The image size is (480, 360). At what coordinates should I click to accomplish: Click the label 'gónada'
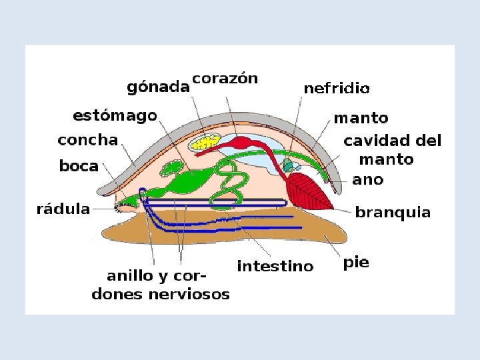(157, 87)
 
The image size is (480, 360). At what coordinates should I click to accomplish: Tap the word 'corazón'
(225, 78)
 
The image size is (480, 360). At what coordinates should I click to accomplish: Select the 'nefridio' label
(337, 87)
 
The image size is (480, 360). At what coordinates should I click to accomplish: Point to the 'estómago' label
(115, 116)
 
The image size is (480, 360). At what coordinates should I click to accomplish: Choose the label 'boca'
(79, 166)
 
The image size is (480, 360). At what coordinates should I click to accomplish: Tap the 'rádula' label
(63, 209)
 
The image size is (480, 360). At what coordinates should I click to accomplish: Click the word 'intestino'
(275, 267)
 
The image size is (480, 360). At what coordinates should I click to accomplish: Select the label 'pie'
(356, 263)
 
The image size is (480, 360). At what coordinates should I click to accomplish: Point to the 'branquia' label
(393, 213)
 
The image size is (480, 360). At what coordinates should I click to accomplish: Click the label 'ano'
(367, 179)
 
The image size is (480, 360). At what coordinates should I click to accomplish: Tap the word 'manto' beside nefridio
(361, 118)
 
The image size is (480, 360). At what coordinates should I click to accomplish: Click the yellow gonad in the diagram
(205, 142)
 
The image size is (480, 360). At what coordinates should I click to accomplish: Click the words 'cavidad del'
(392, 141)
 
